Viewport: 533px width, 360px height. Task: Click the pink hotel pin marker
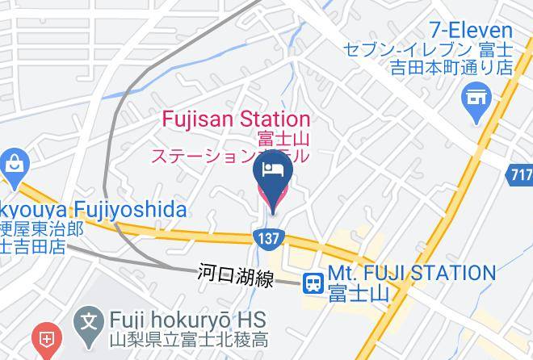coord(271,180)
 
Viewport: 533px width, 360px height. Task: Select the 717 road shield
coord(521,174)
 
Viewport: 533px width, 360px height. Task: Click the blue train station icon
coord(312,282)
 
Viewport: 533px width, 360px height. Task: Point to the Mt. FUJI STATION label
coord(412,273)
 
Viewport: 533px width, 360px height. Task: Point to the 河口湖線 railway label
coord(236,274)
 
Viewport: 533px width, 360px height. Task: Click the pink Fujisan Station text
coord(236,119)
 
